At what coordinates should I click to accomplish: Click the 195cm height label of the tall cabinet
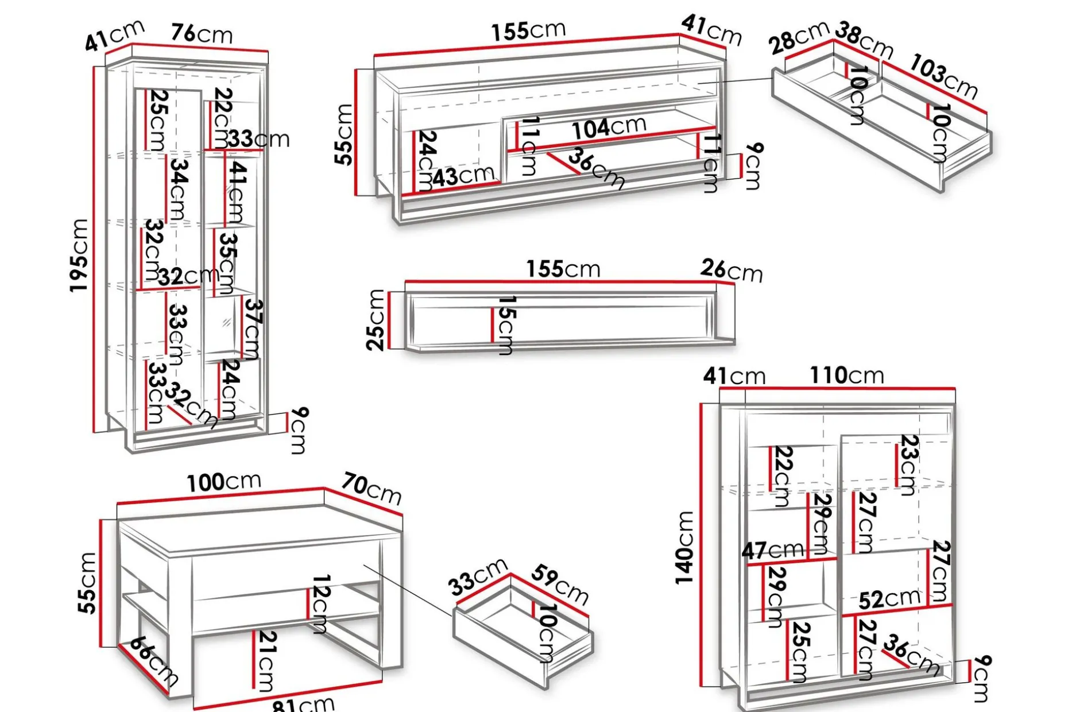[79, 256]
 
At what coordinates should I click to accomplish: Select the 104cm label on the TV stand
[609, 127]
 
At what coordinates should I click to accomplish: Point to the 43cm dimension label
[463, 176]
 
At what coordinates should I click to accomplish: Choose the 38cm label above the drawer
[864, 39]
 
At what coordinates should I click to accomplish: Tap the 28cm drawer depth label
[799, 37]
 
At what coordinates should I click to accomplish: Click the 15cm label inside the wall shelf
[505, 326]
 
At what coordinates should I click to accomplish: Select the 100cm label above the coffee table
[224, 482]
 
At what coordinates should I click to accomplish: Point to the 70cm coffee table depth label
[372, 489]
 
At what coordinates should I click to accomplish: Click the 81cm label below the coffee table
[303, 703]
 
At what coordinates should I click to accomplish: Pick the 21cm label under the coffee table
[265, 661]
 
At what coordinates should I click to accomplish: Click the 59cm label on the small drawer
[560, 585]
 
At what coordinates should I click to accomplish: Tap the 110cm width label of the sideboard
[847, 376]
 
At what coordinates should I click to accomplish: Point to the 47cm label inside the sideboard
[772, 550]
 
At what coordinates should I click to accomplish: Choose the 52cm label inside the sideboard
[889, 599]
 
